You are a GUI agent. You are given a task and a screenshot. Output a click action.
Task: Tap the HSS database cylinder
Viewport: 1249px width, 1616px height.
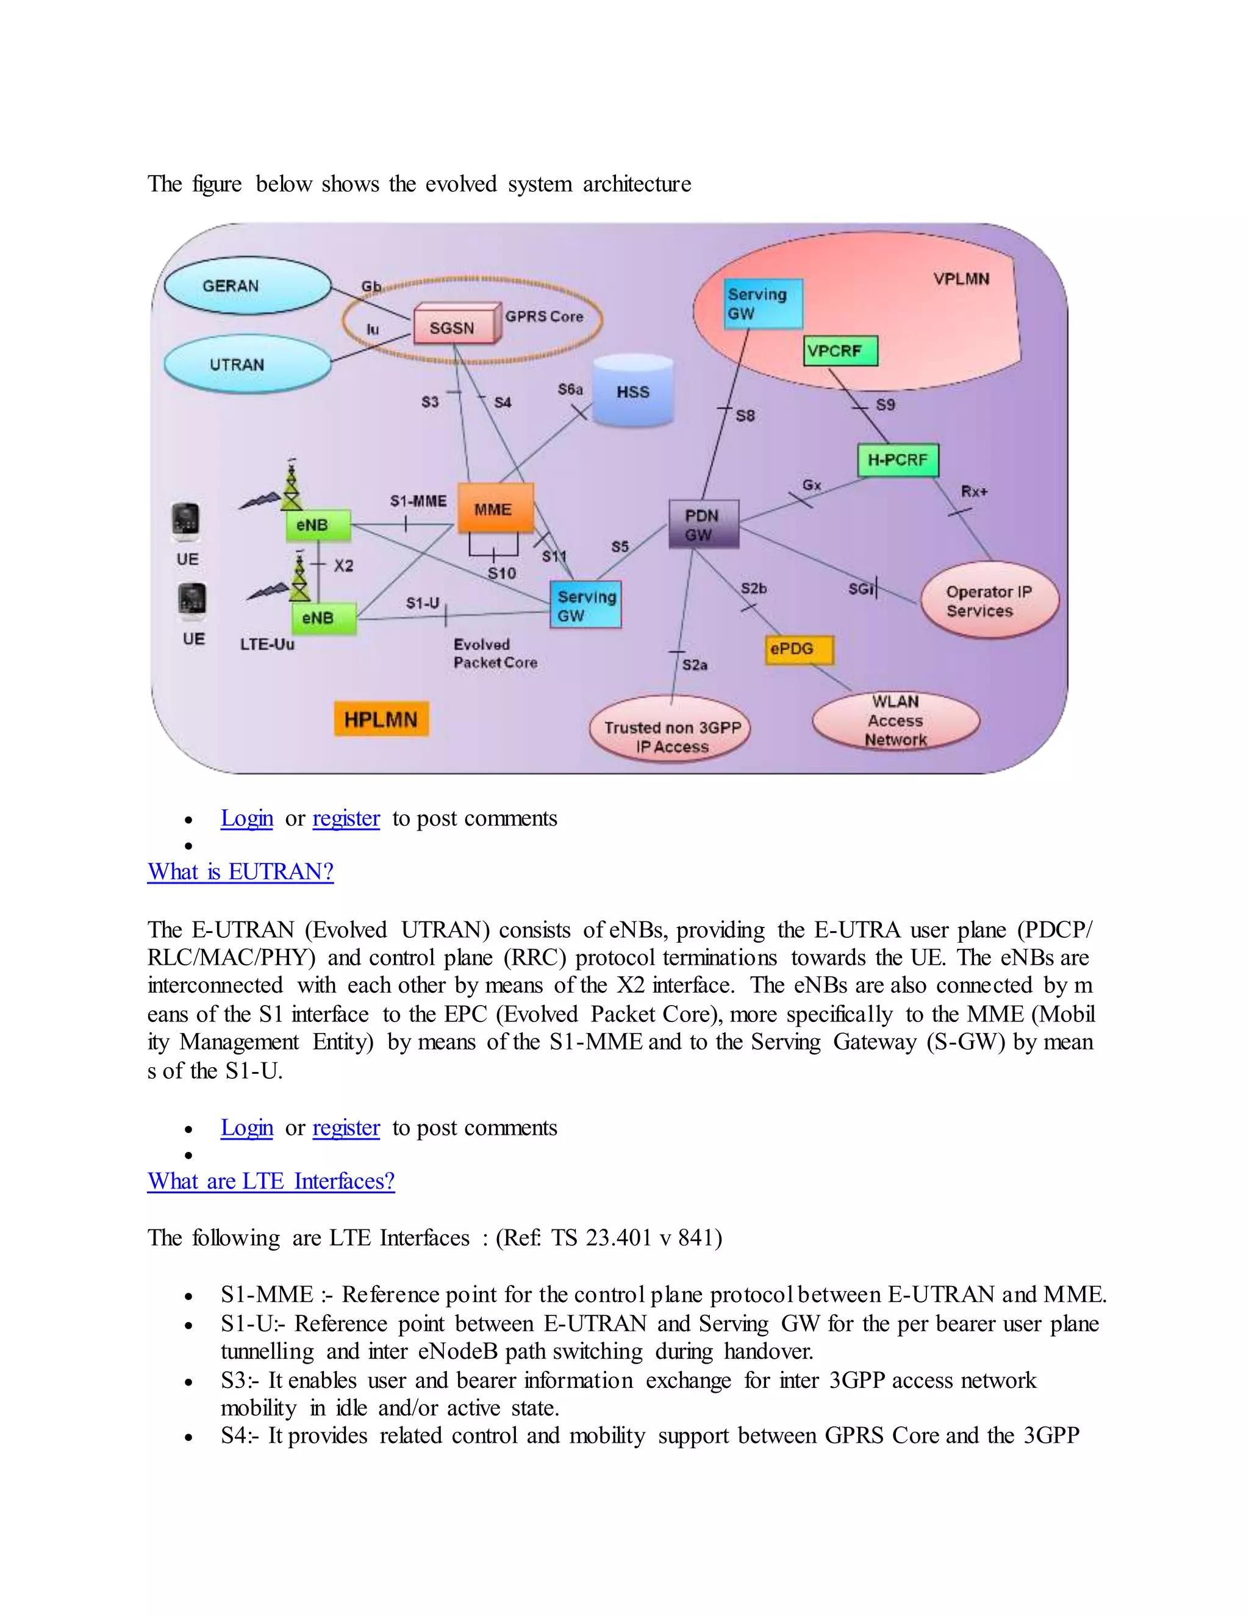634,391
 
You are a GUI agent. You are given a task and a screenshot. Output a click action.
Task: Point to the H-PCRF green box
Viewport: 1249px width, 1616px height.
898,460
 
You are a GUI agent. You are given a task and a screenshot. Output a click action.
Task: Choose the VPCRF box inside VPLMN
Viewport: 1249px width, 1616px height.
840,351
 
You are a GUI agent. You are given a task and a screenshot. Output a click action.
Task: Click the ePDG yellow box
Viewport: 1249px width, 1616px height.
798,649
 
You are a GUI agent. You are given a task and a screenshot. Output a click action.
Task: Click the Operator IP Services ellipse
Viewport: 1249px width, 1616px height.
989,600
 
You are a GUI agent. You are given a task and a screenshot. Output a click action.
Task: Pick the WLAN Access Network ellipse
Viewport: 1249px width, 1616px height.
895,720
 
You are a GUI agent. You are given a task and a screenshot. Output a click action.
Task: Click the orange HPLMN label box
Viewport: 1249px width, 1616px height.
381,719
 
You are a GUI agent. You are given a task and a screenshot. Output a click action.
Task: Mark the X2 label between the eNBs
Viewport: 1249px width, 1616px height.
343,566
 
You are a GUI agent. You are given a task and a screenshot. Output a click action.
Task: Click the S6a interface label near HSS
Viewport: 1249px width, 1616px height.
570,389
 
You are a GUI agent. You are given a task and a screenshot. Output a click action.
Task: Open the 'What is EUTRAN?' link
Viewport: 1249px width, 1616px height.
240,871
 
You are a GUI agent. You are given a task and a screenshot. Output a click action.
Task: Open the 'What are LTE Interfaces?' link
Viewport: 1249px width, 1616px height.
271,1181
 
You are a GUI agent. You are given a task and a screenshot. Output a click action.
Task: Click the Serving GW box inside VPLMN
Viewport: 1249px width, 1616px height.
763,303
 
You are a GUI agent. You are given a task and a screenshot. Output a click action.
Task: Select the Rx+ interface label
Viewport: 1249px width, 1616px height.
974,492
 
